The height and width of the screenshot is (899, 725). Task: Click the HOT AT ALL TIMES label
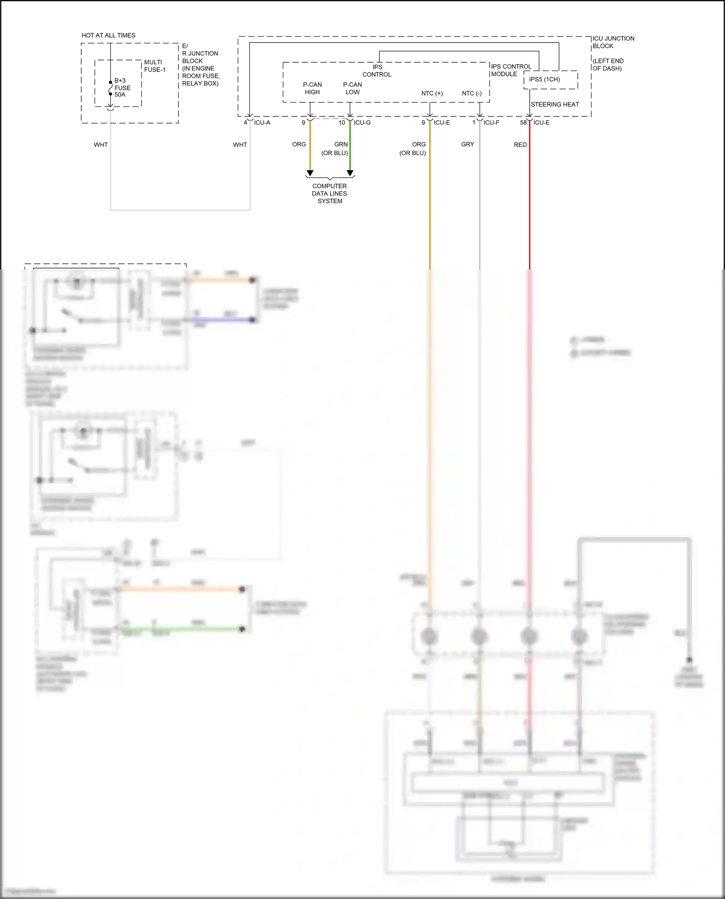coord(108,35)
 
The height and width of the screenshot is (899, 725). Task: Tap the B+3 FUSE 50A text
coord(122,88)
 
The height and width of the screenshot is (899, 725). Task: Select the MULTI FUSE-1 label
coord(155,66)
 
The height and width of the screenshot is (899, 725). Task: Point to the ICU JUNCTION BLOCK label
coord(613,42)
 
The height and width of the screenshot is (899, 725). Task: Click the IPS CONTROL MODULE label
coord(511,70)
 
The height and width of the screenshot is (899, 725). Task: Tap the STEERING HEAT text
coord(554,104)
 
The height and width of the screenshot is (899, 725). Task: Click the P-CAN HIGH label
coord(312,88)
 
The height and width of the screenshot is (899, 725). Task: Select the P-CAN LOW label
coord(352,88)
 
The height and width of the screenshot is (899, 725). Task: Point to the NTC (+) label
coord(432,93)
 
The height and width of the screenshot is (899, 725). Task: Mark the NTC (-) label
coord(471,93)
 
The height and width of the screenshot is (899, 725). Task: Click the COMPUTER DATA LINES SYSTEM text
coord(330,193)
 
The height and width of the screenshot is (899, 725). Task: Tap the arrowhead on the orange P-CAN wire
coord(310,173)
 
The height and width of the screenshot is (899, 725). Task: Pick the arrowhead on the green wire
coord(350,173)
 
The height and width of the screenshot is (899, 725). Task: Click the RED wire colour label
coord(520,145)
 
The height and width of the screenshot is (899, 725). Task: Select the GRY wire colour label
coord(467,144)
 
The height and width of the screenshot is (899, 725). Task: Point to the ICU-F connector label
coord(491,123)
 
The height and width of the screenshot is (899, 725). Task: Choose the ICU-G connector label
coord(362,123)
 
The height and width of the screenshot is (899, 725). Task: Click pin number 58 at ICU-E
coord(523,123)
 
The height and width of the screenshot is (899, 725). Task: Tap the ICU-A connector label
coord(262,123)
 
